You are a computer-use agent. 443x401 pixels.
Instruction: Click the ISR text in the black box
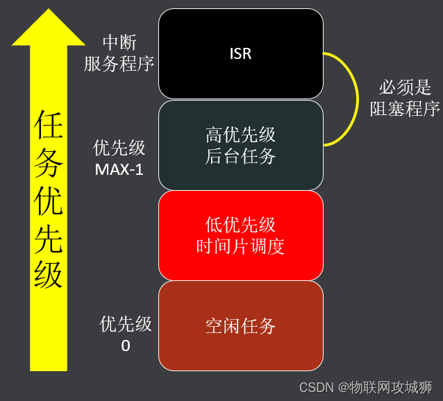pyautogui.click(x=240, y=53)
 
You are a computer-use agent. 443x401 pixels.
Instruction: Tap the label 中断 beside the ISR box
pyautogui.click(x=119, y=42)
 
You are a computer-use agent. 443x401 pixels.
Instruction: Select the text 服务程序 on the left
pyautogui.click(x=119, y=64)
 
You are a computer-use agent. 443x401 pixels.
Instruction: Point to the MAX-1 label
pyautogui.click(x=119, y=169)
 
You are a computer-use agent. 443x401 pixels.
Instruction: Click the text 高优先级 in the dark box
pyautogui.click(x=240, y=135)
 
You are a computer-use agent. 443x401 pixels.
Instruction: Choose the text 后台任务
pyautogui.click(x=240, y=156)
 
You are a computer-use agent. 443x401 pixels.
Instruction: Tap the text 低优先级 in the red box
pyautogui.click(x=240, y=225)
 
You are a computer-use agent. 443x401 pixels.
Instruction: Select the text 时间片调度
pyautogui.click(x=240, y=246)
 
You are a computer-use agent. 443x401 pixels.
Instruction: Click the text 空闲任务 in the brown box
pyautogui.click(x=240, y=326)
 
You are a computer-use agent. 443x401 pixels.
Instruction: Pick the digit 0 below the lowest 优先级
pyautogui.click(x=126, y=345)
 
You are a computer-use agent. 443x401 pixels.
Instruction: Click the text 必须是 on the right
pyautogui.click(x=405, y=87)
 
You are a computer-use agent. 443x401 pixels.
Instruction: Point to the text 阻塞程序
pyautogui.click(x=405, y=109)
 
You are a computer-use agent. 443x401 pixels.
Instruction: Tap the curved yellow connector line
pyautogui.click(x=358, y=99)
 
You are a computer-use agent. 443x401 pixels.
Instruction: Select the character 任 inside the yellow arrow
pyautogui.click(x=49, y=125)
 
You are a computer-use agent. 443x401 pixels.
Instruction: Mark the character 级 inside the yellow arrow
pyautogui.click(x=49, y=274)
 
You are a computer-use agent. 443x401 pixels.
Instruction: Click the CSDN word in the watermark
pyautogui.click(x=317, y=387)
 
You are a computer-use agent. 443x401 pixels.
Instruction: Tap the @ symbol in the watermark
pyautogui.click(x=343, y=387)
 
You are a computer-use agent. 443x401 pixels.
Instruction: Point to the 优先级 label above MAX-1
pyautogui.click(x=119, y=148)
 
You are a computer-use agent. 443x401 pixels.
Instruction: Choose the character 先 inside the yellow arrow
pyautogui.click(x=49, y=238)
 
